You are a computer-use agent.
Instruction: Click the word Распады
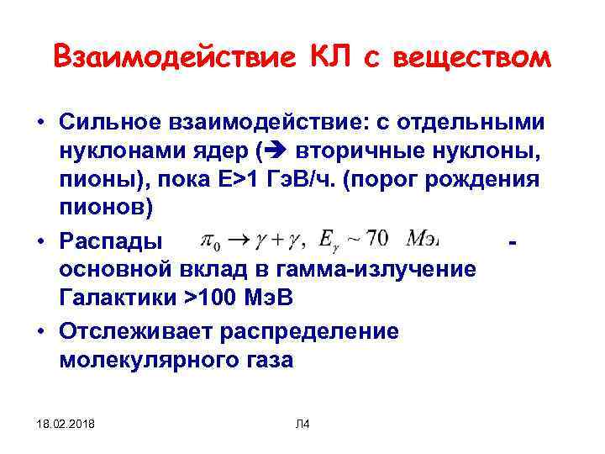(109, 241)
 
